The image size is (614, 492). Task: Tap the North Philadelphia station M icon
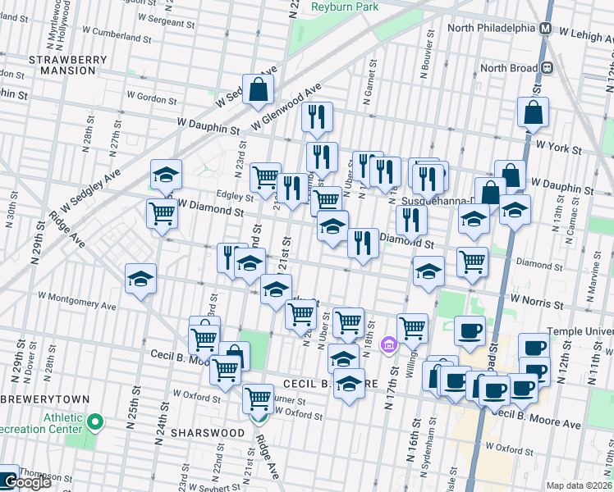[545, 27]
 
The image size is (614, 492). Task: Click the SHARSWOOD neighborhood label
[208, 432]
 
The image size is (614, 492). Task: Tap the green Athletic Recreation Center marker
[95, 423]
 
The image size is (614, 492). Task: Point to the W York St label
[558, 150]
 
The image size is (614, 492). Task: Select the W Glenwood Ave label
[286, 107]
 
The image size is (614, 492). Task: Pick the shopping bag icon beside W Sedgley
[258, 91]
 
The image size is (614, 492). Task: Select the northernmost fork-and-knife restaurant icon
[316, 117]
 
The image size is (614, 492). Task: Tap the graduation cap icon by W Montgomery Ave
[140, 279]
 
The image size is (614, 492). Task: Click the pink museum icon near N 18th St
[389, 343]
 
